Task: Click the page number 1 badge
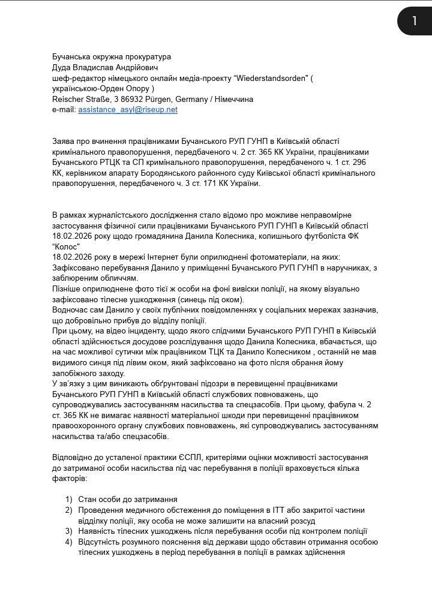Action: pyautogui.click(x=414, y=21)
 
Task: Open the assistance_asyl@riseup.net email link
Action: pyautogui.click(x=127, y=110)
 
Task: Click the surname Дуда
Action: pyautogui.click(x=62, y=67)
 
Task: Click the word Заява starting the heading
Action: pyautogui.click(x=64, y=141)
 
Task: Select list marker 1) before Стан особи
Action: pyautogui.click(x=69, y=499)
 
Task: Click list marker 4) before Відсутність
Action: pyautogui.click(x=69, y=542)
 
